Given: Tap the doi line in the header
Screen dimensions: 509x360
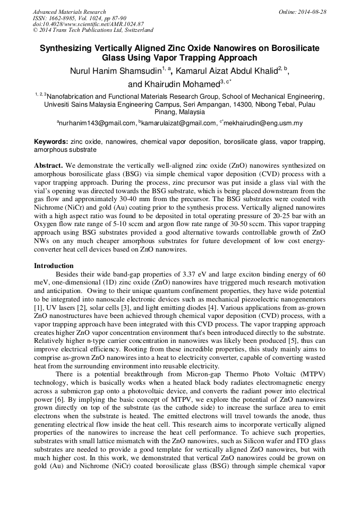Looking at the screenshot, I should [x=88, y=24].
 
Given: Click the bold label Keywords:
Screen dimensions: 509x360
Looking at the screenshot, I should [x=50, y=142].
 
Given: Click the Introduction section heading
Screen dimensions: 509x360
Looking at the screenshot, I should [x=54, y=265].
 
